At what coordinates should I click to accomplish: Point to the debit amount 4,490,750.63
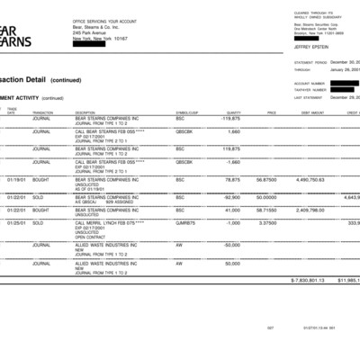tap(317, 179)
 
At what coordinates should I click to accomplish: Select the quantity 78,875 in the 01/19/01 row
tap(231, 179)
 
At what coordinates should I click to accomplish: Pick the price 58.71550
tap(265, 210)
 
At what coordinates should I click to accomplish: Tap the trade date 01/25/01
tap(17, 222)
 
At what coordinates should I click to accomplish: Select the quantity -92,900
tap(231, 196)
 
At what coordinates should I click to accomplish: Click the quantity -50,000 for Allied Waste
tap(231, 245)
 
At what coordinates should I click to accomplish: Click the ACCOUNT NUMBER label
tap(311, 83)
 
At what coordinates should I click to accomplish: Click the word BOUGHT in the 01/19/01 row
tap(41, 179)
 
